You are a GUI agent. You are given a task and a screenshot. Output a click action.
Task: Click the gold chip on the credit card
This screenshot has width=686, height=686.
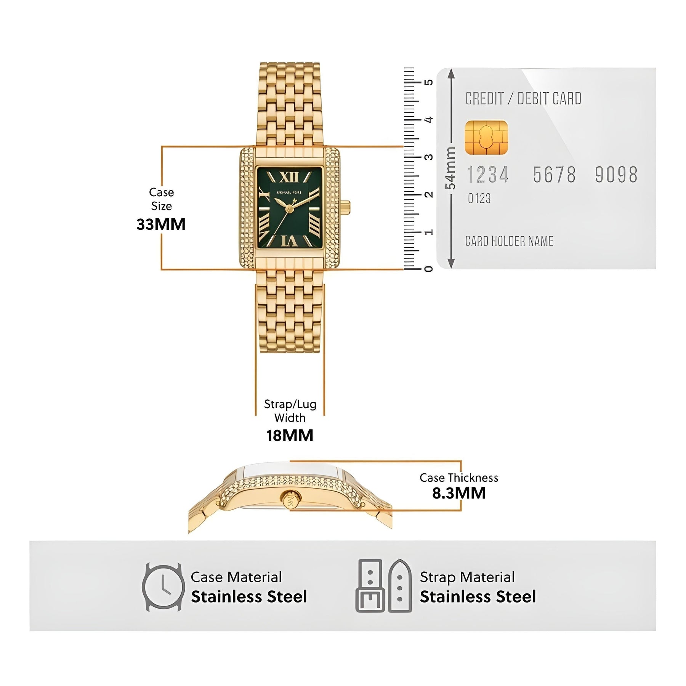click(x=486, y=138)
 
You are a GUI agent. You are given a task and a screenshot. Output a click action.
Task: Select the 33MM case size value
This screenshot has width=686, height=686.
click(x=161, y=224)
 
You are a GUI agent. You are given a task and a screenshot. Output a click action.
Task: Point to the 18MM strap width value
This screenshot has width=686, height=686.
click(x=290, y=435)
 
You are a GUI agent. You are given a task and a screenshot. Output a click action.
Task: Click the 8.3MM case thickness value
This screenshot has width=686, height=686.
click(x=459, y=493)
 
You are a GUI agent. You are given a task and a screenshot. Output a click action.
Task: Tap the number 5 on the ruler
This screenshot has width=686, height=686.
click(x=429, y=82)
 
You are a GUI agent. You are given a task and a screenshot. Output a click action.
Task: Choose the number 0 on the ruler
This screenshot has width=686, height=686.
click(x=429, y=269)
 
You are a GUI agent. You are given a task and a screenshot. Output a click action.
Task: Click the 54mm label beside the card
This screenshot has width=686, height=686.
click(x=450, y=168)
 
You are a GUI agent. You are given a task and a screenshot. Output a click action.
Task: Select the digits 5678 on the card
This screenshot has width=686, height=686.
click(x=554, y=175)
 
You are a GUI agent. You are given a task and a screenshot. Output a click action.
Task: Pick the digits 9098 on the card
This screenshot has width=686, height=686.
click(x=616, y=175)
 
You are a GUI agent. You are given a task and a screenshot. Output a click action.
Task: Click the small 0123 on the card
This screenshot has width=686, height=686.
click(x=479, y=199)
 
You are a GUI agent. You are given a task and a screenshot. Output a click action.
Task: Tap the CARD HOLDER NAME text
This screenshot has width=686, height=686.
click(x=509, y=241)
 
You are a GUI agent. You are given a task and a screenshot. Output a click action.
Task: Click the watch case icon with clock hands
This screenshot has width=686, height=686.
click(x=163, y=587)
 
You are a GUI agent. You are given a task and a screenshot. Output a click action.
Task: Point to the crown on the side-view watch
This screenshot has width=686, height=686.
click(x=291, y=498)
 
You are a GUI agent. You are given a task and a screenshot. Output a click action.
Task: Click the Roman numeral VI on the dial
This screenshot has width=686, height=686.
click(x=289, y=241)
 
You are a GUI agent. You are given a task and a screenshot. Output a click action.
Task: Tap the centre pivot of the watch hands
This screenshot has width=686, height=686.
click(x=289, y=208)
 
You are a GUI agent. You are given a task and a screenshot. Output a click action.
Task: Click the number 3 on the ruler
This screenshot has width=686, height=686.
click(x=429, y=157)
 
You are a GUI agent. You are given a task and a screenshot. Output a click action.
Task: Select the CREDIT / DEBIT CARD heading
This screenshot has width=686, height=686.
click(x=523, y=99)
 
